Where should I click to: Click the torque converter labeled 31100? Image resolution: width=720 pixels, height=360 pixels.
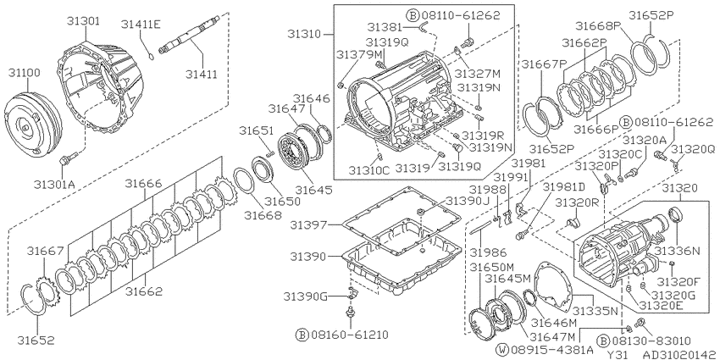(x=32, y=125)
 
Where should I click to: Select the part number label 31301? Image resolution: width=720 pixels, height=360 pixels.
(x=85, y=21)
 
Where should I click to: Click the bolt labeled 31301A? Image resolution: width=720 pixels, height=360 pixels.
(x=66, y=160)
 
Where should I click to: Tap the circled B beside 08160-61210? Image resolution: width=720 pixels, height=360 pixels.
(x=302, y=335)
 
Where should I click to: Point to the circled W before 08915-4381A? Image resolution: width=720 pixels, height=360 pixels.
(x=501, y=349)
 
